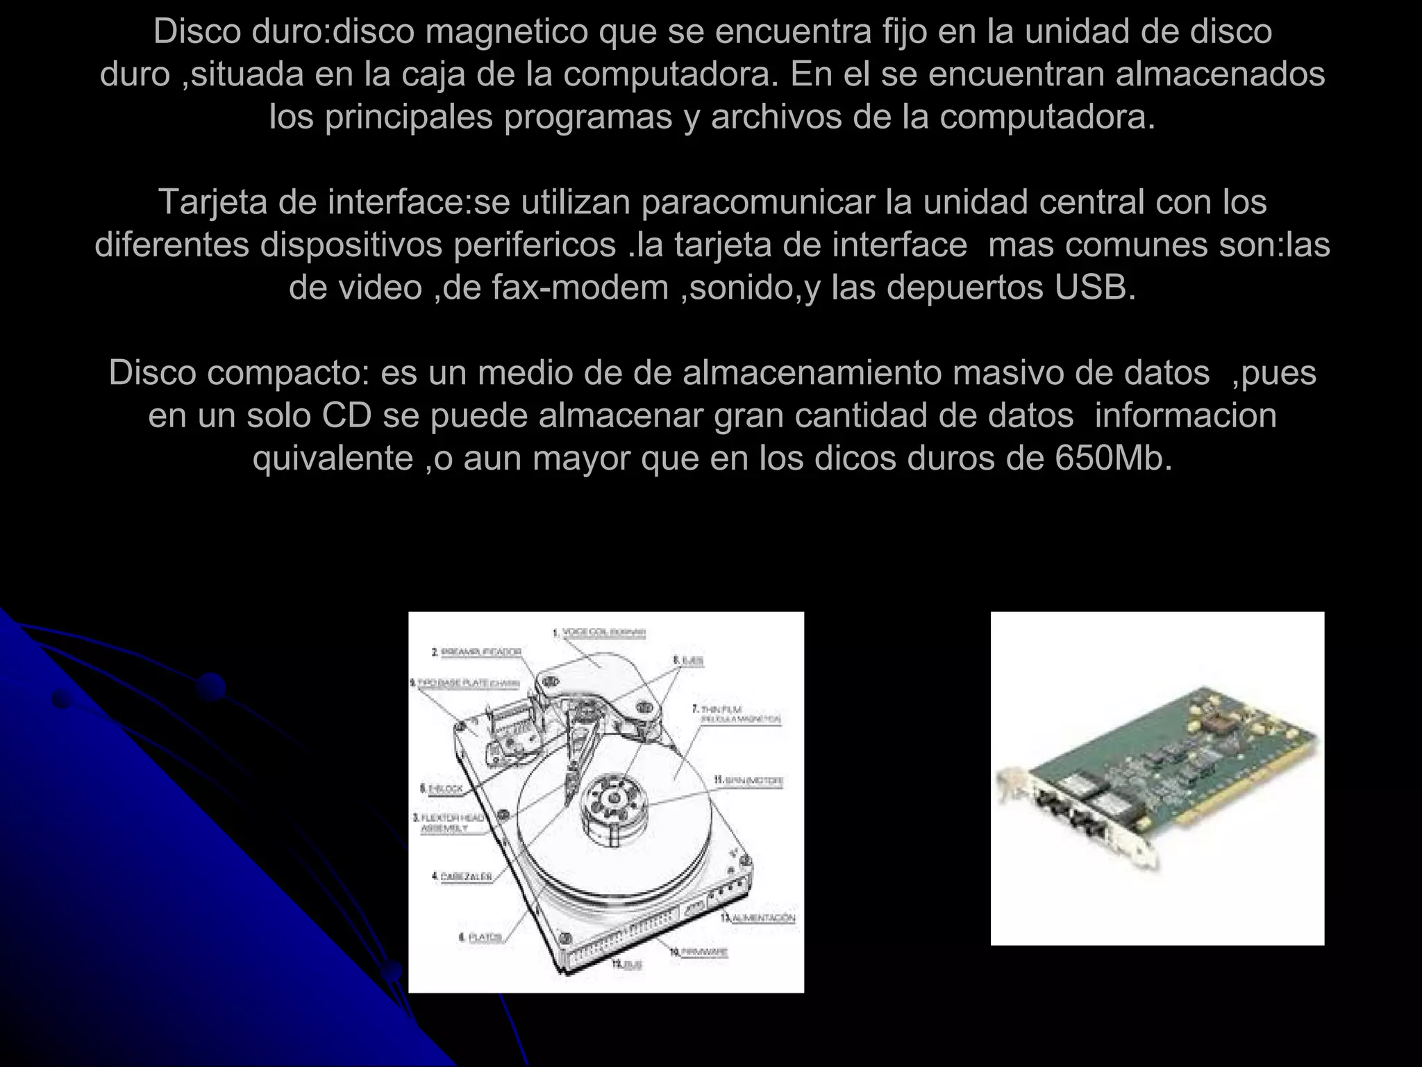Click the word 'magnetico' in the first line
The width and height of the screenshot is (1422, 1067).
coord(506,32)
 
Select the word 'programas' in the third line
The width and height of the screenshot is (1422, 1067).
coord(588,117)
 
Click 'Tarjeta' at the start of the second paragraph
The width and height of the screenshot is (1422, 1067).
coord(213,203)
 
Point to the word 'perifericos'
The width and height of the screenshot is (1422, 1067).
coord(535,245)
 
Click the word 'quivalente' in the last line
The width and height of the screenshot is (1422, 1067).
coord(333,459)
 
